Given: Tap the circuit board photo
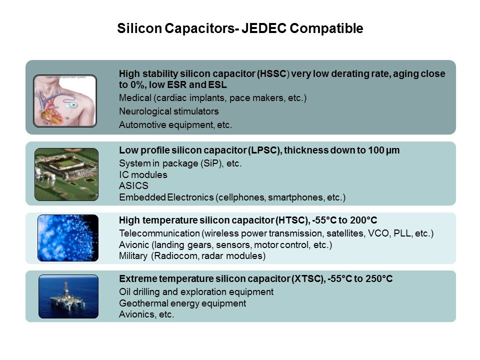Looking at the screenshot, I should (x=66, y=174).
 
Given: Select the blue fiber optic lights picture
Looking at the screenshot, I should (x=68, y=238).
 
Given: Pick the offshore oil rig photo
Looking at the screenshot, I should (x=68, y=296).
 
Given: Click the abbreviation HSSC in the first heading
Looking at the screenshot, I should (x=273, y=74).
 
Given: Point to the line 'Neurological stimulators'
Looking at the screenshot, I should (x=168, y=111).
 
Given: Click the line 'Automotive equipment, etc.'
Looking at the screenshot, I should (x=175, y=125).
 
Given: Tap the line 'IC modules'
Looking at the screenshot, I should (x=143, y=175).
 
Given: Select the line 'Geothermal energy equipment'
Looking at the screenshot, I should (x=182, y=303).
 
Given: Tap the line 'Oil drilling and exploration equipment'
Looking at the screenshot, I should (x=196, y=291).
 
